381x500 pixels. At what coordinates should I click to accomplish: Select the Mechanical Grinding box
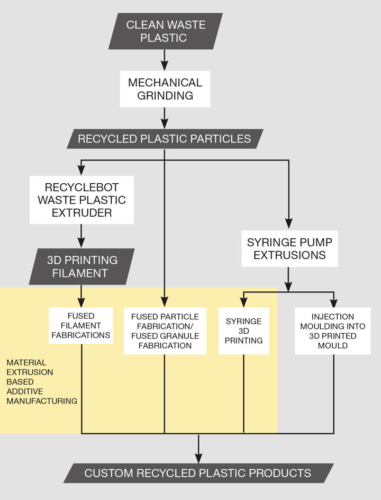pyautogui.click(x=165, y=89)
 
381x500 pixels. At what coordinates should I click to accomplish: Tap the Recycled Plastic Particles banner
pyautogui.click(x=165, y=139)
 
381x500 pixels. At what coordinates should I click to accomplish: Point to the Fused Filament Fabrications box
pyautogui.click(x=81, y=325)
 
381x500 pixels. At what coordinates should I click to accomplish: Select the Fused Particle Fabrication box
pyautogui.click(x=165, y=331)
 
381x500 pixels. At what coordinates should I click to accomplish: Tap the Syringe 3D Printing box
pyautogui.click(x=243, y=331)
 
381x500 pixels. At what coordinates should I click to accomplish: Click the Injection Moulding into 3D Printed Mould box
pyautogui.click(x=334, y=331)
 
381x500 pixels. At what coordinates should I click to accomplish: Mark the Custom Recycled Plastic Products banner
pyautogui.click(x=198, y=472)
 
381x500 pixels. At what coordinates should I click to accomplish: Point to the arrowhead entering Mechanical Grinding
pyautogui.click(x=165, y=66)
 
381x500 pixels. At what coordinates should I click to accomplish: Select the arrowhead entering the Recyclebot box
pyautogui.click(x=81, y=172)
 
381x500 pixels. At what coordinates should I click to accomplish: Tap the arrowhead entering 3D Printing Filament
pyautogui.click(x=81, y=244)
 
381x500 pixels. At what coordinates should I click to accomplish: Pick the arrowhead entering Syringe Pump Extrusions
pyautogui.click(x=288, y=225)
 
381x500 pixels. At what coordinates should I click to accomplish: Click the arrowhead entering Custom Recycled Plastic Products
pyautogui.click(x=198, y=459)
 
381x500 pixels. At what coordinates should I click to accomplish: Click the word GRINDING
pyautogui.click(x=165, y=96)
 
